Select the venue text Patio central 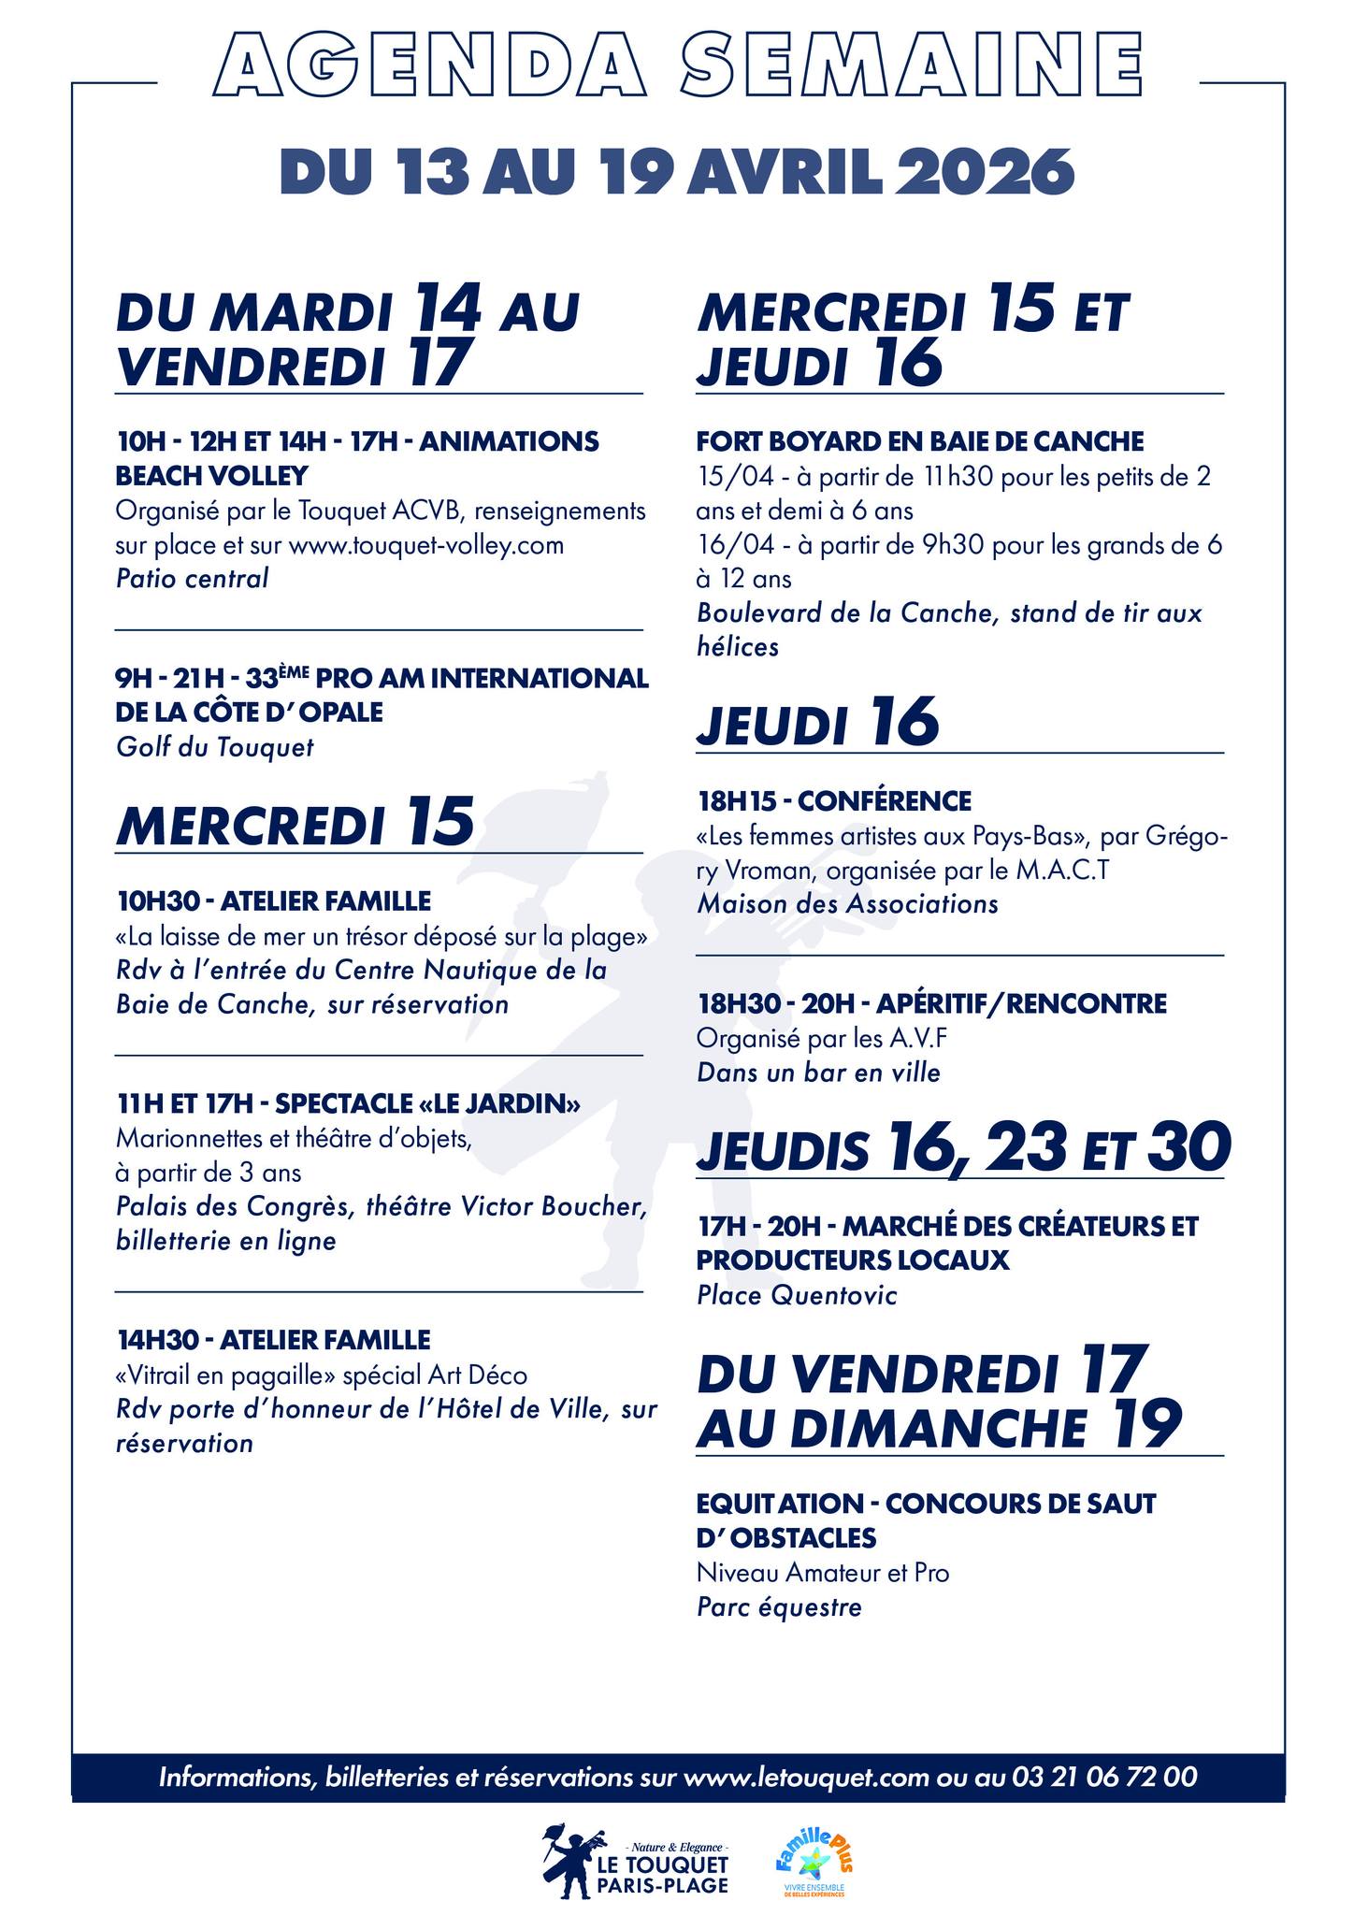coord(192,579)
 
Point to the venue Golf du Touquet coord(214,747)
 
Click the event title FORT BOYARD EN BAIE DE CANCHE coord(920,441)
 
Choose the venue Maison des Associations coord(847,904)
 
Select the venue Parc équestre coord(779,1607)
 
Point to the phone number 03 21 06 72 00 coord(1102,1777)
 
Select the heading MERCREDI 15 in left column coord(295,823)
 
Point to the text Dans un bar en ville coord(818,1073)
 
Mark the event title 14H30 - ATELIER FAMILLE coord(273,1339)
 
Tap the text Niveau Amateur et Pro coord(822,1573)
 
